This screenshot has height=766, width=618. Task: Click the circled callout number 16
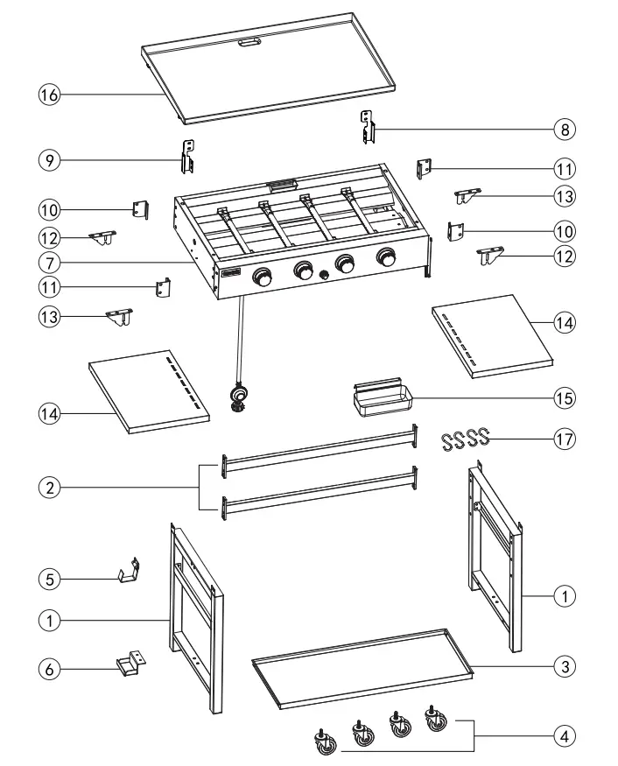(49, 94)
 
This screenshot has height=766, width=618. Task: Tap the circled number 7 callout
(49, 262)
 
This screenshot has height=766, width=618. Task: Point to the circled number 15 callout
(565, 397)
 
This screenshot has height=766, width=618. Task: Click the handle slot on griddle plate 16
(250, 41)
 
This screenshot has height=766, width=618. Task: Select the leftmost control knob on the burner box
(262, 277)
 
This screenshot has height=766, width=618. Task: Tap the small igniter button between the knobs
(325, 275)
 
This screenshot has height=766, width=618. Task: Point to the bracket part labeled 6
(127, 663)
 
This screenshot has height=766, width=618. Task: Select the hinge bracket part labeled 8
(369, 127)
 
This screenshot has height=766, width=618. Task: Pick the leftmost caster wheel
(324, 741)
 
